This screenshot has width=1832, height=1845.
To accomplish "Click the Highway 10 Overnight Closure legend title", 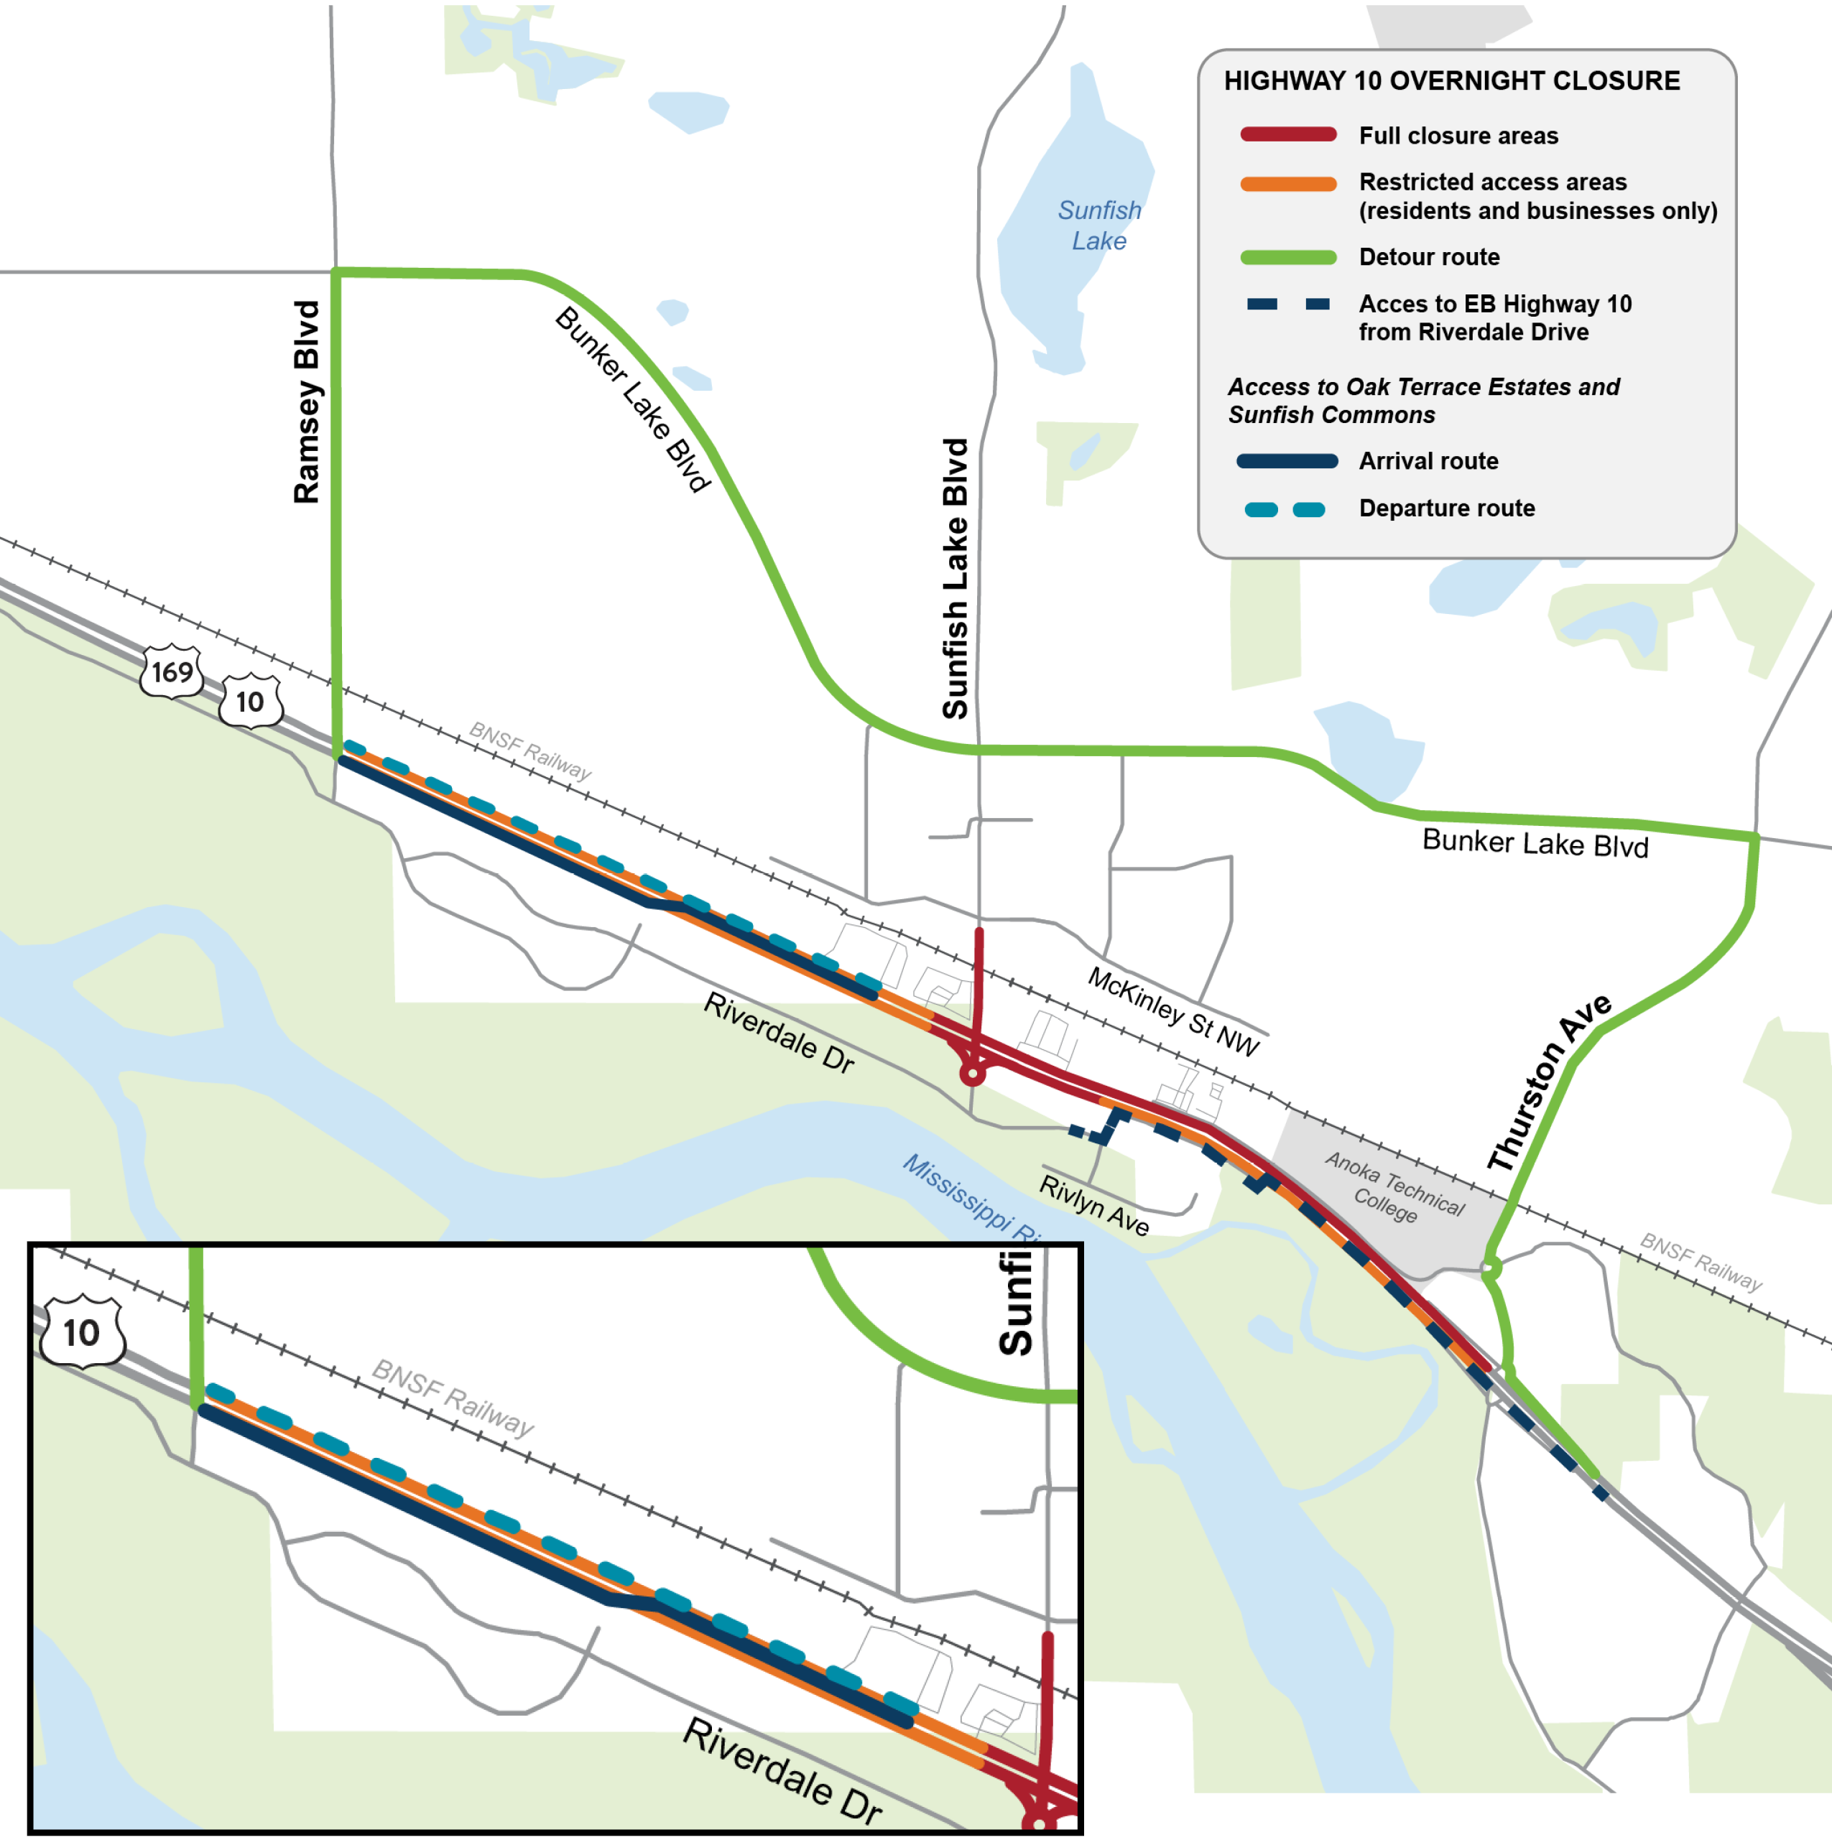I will click(1451, 81).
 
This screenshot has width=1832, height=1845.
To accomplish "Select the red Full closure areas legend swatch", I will click(1287, 134).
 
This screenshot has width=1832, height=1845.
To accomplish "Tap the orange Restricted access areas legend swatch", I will click(1287, 183).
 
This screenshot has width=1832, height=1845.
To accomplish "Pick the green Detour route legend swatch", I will click(1287, 257).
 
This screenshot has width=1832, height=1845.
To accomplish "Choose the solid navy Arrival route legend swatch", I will click(1287, 461).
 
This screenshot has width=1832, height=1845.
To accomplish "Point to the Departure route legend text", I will click(1446, 508).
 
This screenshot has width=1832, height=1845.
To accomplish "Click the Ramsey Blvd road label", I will click(307, 402).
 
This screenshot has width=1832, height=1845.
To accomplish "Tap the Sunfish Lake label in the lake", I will click(1098, 226).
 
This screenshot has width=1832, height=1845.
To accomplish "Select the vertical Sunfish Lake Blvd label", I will click(956, 579).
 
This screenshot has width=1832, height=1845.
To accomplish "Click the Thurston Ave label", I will click(1548, 1083).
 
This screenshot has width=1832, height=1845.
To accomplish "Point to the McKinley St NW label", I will click(1174, 1010).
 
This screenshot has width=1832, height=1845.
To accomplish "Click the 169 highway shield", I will click(172, 672).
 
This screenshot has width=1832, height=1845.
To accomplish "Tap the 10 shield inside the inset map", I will click(82, 1332).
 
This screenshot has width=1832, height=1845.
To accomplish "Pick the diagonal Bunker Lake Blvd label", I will click(632, 399).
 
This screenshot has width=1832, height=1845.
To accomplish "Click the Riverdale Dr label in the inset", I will click(782, 1772).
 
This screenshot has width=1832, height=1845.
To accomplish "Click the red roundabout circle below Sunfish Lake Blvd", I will click(972, 1074).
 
